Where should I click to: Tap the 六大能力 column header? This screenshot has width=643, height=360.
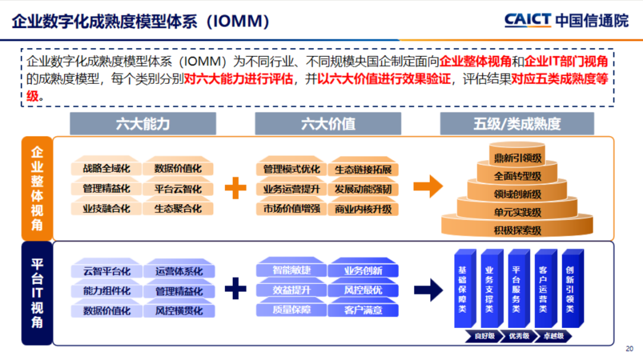[x=142, y=124]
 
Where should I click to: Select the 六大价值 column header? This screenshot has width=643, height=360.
[x=328, y=124]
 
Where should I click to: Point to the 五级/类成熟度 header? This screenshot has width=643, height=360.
[x=517, y=124]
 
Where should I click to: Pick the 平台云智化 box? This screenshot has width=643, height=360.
[x=177, y=189]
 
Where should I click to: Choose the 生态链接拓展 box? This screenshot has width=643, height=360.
[x=363, y=170]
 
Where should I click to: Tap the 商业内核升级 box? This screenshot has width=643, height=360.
[x=363, y=209]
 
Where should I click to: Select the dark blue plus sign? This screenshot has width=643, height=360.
[x=236, y=289]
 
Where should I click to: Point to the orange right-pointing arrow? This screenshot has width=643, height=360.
[x=428, y=186]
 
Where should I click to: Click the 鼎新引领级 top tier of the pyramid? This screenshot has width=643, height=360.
[x=517, y=158]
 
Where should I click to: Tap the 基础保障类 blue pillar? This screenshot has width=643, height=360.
[x=462, y=289]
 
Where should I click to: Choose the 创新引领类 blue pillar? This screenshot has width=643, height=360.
[x=570, y=289]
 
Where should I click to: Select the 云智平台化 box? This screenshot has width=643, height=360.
[x=107, y=271]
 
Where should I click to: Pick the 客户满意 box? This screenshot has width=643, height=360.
[x=363, y=310]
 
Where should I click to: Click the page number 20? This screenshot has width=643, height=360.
[x=630, y=349]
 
